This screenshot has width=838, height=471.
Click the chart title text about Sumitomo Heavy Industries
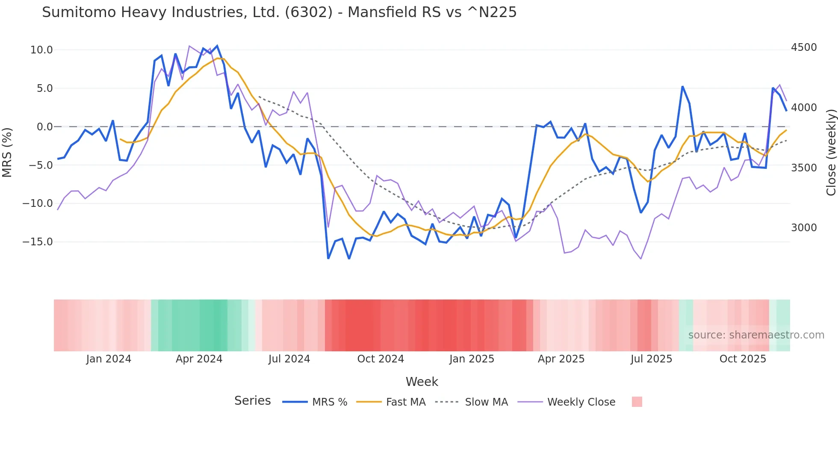coord(279,12)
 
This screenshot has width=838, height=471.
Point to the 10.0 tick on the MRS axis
coord(41,50)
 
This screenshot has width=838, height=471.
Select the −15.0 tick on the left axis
coord(38,242)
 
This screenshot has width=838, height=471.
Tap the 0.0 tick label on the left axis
coord(44,127)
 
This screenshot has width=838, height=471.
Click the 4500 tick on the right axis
coord(804,47)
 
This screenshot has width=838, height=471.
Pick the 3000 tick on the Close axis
coord(804,228)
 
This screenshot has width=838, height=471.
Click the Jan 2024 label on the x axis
coord(109,359)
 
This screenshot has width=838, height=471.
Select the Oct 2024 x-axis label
coord(381,359)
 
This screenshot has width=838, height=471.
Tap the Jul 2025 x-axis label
coord(651,359)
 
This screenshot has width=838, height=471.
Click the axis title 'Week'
coord(422,382)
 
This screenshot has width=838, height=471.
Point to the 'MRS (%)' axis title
coord(7,152)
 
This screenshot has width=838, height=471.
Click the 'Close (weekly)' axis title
coord(831,152)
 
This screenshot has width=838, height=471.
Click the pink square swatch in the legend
coord(637,402)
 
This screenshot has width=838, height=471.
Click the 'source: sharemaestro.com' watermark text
coord(756,335)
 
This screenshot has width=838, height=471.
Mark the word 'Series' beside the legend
coord(252,401)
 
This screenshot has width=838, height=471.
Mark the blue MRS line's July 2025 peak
coord(682,87)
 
